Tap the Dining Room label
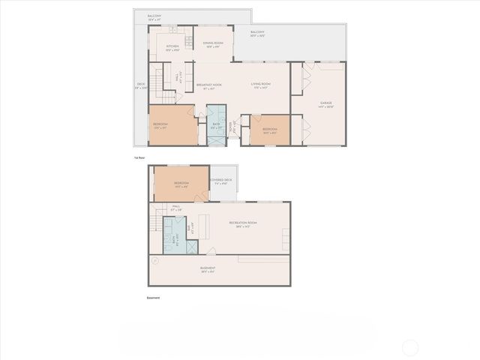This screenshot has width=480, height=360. (x=213, y=44)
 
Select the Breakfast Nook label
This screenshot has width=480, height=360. (x=209, y=85)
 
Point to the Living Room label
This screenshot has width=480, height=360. (x=261, y=85)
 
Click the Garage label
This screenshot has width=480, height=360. (x=325, y=103)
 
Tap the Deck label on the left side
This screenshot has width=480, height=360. (x=141, y=85)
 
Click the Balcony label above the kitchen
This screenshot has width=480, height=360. (x=154, y=16)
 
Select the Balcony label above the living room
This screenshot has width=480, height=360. (x=257, y=33)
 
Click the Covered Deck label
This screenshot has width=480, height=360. (x=221, y=181)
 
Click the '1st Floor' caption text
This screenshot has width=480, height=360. (x=139, y=158)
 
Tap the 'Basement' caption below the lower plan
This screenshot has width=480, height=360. (x=153, y=298)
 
